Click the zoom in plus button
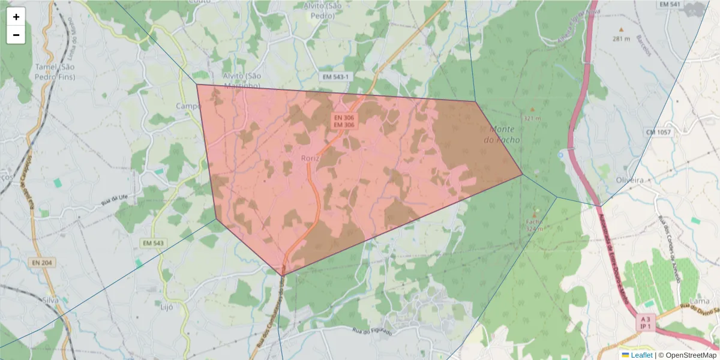point(16,17)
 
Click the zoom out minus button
point(16,35)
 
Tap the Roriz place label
point(310,158)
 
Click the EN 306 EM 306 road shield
point(344,121)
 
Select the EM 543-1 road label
point(335,77)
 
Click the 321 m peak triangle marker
point(532,110)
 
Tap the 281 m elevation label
point(621,39)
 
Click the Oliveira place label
point(630,180)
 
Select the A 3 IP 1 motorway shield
point(646,322)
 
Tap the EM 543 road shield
point(154,243)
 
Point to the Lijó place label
point(167,307)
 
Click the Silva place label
point(50,299)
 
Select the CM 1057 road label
point(658,132)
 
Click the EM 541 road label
point(670,5)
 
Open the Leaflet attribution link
point(641,355)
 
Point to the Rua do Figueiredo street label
point(372,331)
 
